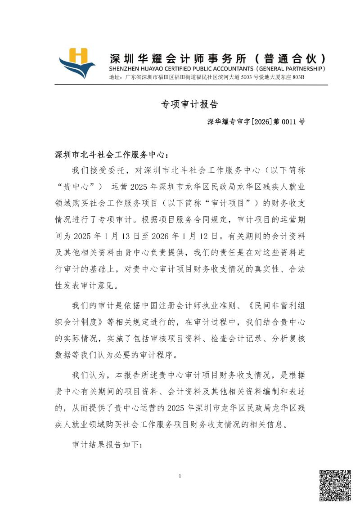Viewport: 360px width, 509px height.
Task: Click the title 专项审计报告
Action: point(189,104)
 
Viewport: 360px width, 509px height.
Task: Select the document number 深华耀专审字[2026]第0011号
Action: point(256,122)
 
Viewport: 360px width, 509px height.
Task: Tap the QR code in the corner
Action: point(335,486)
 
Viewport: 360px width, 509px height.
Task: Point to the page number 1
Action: point(180,476)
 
